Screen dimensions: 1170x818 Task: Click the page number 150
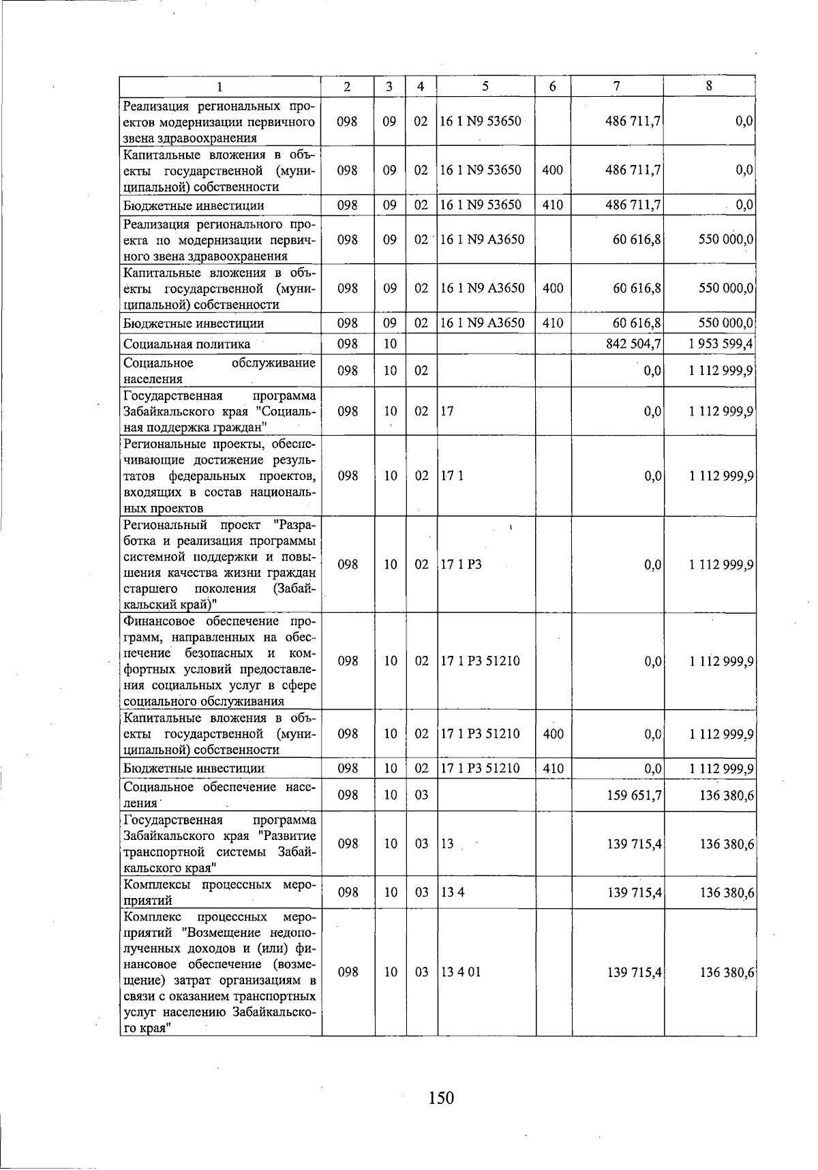[441, 1097]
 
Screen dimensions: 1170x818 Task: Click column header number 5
[485, 86]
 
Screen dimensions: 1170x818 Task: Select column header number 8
[709, 86]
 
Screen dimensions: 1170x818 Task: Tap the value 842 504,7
[633, 344]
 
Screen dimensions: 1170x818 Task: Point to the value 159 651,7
[634, 795]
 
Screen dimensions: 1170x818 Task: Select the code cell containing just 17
[447, 411]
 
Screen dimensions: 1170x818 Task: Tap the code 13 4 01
[461, 972]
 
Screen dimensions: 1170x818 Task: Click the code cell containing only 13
[447, 843]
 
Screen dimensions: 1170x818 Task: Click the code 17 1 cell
[451, 475]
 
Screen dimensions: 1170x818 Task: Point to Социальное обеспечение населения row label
[219, 795]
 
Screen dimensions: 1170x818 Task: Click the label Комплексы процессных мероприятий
[219, 892]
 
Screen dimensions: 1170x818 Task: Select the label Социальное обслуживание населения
[219, 371]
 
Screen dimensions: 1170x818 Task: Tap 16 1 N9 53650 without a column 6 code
[481, 121]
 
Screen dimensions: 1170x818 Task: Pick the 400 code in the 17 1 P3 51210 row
[552, 734]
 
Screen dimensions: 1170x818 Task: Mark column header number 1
[219, 86]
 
